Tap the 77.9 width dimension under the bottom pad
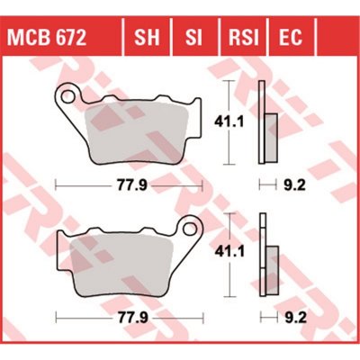[127, 318]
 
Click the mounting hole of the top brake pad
[67, 93]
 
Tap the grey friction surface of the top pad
[135, 130]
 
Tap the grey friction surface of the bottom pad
[126, 266]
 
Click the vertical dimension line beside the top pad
[235, 99]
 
